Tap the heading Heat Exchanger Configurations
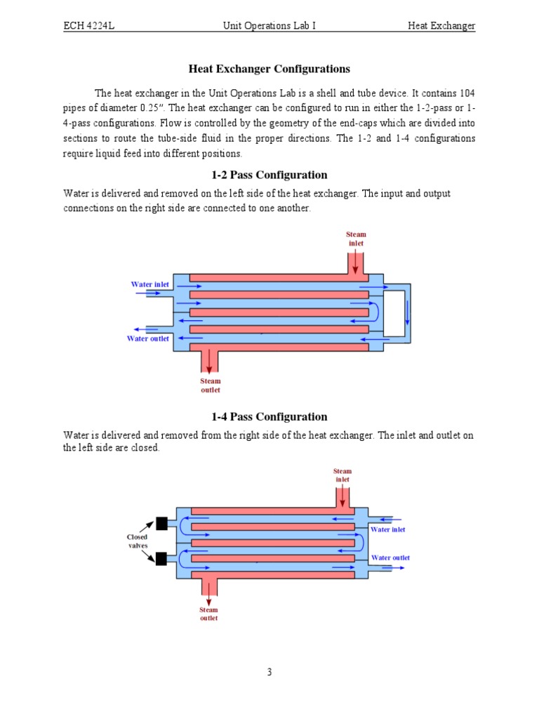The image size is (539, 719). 269,69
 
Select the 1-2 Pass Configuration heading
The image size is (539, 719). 269,175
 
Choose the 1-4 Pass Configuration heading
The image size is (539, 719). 269,416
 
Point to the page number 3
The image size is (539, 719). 269,672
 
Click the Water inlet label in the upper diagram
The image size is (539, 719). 150,284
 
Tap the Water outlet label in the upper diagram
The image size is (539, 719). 147,338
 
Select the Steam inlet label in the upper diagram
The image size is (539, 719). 356,239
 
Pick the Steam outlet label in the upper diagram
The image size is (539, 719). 211,385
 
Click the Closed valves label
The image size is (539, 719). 137,541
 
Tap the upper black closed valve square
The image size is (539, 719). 161,523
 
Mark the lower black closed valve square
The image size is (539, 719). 161,559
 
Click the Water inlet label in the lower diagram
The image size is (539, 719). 388,529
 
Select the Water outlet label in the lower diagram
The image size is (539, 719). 390,558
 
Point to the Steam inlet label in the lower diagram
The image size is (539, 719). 342,475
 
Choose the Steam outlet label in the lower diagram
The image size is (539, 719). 208,614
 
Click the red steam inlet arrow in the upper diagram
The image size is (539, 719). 356,263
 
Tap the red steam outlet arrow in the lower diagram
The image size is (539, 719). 208,593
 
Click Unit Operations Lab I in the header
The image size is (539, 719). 269,26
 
